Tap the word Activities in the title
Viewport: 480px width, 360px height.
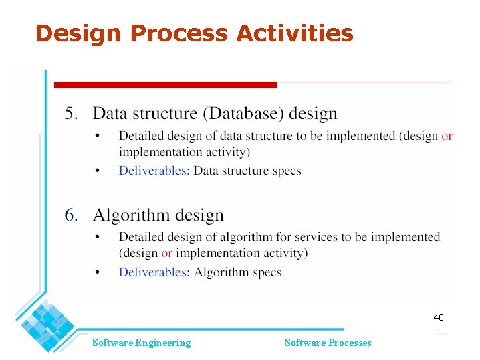(x=294, y=33)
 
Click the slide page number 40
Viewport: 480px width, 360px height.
(x=438, y=318)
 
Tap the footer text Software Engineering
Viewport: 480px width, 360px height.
(x=141, y=343)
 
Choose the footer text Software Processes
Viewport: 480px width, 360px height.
(x=328, y=343)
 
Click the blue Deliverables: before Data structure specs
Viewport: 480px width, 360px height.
(x=154, y=171)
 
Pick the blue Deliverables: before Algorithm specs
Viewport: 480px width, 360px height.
(x=154, y=272)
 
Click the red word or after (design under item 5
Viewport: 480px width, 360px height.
(x=447, y=136)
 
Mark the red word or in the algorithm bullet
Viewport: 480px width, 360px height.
(x=166, y=253)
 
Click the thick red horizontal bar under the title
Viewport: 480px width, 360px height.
(x=164, y=85)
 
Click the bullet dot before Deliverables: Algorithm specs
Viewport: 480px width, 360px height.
(x=97, y=272)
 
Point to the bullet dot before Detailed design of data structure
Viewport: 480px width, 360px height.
(x=97, y=136)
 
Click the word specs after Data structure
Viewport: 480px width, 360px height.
(x=287, y=171)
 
